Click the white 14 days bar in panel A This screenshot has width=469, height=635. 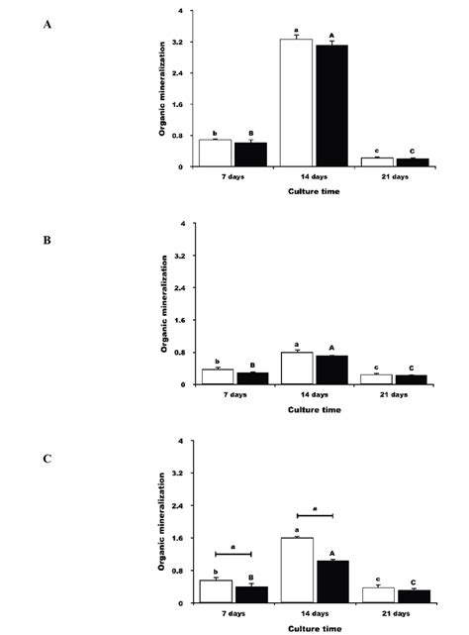(x=296, y=103)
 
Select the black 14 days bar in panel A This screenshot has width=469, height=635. (x=331, y=106)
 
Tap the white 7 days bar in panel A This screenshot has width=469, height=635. (x=215, y=153)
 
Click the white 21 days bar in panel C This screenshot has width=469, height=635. (x=377, y=595)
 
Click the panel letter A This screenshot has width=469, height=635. (x=47, y=24)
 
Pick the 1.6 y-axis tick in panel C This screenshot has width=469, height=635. (x=183, y=538)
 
